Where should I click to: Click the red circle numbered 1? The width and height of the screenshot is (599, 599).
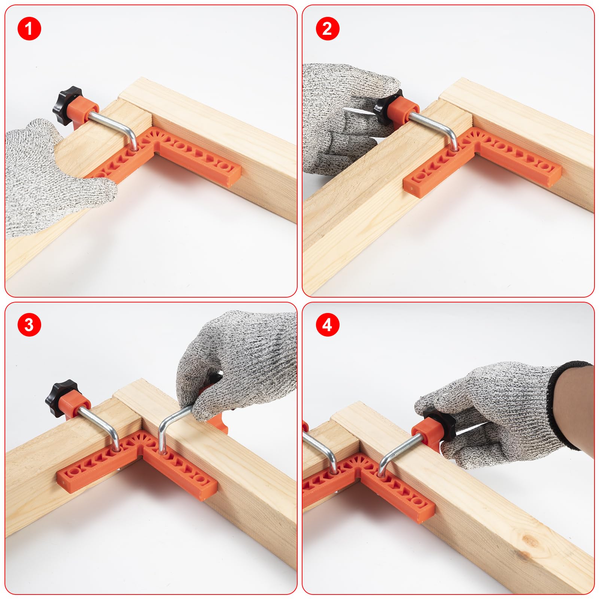click(29, 28)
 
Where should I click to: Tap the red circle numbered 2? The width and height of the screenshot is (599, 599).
click(327, 28)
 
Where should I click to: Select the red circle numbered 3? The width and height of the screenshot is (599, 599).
click(29, 325)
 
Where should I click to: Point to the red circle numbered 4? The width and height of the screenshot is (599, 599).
click(327, 325)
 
